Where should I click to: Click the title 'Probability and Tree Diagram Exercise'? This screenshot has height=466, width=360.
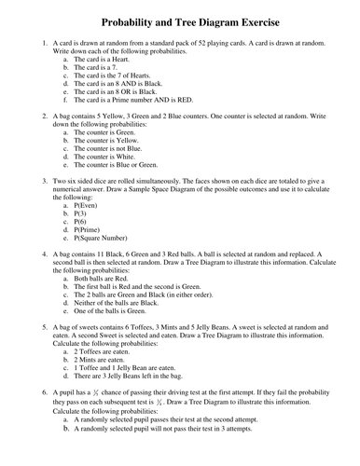click(186, 20)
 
